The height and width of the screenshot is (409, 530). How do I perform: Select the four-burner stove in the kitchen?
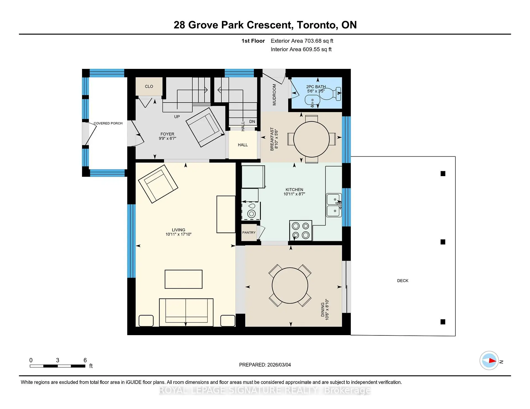pyautogui.click(x=301, y=230)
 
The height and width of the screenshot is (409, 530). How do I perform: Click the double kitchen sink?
pyautogui.click(x=334, y=205)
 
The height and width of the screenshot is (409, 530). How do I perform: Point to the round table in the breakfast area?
pyautogui.click(x=311, y=139)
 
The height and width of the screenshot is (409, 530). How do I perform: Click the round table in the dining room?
pyautogui.click(x=290, y=286)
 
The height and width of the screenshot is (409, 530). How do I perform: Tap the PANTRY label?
pyautogui.click(x=249, y=233)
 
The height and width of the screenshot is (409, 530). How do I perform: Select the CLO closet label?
pyautogui.click(x=149, y=87)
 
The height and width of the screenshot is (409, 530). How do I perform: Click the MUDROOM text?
pyautogui.click(x=274, y=95)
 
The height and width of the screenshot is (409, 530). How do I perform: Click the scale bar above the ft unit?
pyautogui.click(x=57, y=366)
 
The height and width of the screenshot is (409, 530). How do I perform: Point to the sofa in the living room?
pyautogui.click(x=186, y=312)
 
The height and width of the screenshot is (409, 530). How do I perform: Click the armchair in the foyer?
pyautogui.click(x=205, y=127)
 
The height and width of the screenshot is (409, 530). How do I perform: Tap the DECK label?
pyautogui.click(x=402, y=281)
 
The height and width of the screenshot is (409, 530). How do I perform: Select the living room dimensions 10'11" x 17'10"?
pyautogui.click(x=178, y=234)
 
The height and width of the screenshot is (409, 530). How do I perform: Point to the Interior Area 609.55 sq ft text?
pyautogui.click(x=301, y=49)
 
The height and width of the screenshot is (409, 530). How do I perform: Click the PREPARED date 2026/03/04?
pyautogui.click(x=279, y=365)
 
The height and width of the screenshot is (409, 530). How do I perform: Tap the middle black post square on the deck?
pyautogui.click(x=443, y=242)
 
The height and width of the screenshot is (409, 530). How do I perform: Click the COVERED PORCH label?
pyautogui.click(x=108, y=123)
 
